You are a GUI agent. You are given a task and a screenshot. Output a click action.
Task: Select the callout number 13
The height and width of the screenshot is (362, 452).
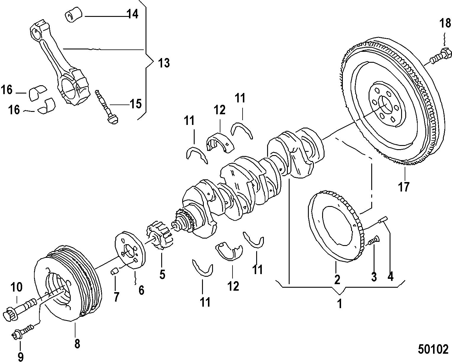pos(164,63)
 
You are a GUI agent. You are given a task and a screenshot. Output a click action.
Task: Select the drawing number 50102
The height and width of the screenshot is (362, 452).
pos(433,349)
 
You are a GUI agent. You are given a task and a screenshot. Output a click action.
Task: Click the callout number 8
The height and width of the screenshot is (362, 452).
pos(77,344)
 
